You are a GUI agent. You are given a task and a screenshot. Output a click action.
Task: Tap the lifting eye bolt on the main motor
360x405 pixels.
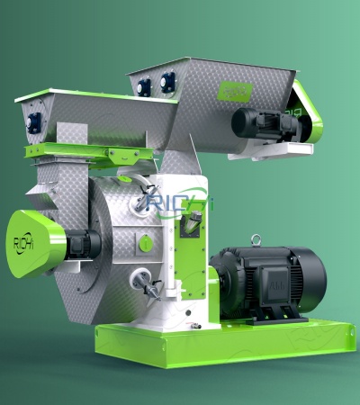coord(256,240)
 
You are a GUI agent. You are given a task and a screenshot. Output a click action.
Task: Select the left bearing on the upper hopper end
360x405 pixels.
coord(144,86)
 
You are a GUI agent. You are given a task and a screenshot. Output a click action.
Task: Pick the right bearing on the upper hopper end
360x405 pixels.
coord(166,82)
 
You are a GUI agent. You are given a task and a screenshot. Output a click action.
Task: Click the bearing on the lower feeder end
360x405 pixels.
coord(33,122)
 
